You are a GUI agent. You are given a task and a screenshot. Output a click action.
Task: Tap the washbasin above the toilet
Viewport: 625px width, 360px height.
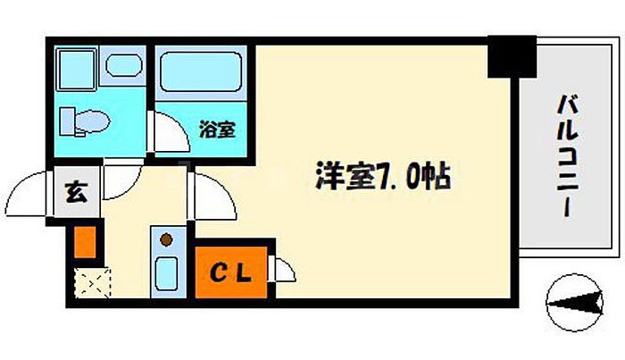pos(122,65)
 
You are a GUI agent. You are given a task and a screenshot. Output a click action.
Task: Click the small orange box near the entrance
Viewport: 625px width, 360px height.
pos(83,242)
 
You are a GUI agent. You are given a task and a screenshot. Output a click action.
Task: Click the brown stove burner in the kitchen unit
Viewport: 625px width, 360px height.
pos(168,239)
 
